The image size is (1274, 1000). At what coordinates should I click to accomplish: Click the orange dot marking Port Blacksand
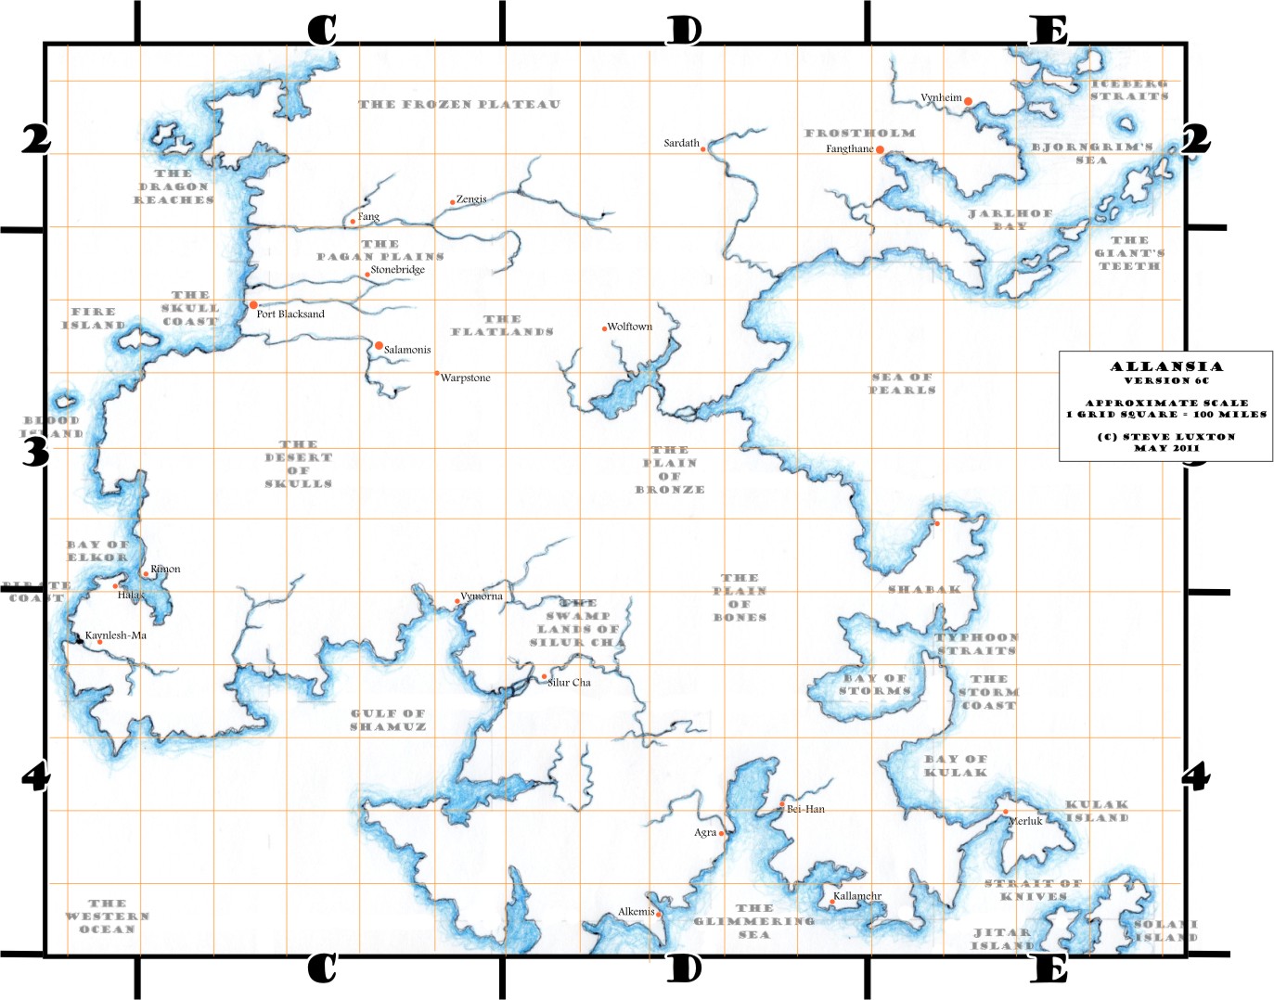(x=253, y=304)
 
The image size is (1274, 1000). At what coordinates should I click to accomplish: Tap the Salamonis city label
(x=407, y=350)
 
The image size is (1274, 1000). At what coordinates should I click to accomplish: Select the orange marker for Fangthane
(x=880, y=149)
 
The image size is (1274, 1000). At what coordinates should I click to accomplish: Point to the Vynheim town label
(x=941, y=97)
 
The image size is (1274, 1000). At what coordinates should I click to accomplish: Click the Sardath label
(x=681, y=143)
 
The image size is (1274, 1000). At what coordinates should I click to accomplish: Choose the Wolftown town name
(x=630, y=327)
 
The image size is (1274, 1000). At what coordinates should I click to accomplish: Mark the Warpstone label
(x=465, y=378)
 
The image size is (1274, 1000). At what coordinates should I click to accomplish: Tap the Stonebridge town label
(x=397, y=270)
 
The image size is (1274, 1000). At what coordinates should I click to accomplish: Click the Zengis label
(x=471, y=199)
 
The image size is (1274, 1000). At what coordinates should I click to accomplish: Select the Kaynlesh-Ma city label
(x=116, y=635)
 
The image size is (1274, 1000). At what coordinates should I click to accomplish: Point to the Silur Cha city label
(x=569, y=682)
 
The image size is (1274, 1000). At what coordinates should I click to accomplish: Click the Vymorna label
(x=482, y=596)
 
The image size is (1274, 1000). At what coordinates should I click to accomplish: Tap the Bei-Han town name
(x=805, y=809)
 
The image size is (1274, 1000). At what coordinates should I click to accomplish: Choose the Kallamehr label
(x=857, y=896)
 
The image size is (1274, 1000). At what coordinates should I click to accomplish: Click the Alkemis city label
(x=637, y=912)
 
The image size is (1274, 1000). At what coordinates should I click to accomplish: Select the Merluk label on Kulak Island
(x=1025, y=821)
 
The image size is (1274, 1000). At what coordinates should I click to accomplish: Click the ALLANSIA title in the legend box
(x=1166, y=366)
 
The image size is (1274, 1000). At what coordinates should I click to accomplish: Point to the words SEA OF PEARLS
(x=902, y=383)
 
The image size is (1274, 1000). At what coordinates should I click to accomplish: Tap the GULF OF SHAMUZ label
(x=388, y=720)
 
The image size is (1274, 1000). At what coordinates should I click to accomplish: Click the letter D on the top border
(x=684, y=31)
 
